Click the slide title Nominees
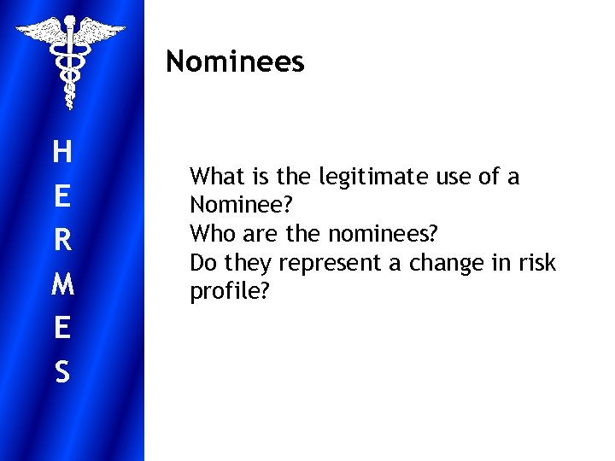235,61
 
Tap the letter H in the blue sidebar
61,153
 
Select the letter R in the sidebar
61,241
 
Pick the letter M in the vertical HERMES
61,284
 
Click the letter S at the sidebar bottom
61,372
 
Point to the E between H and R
61,197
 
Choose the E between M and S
61,329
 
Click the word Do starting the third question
203,263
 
